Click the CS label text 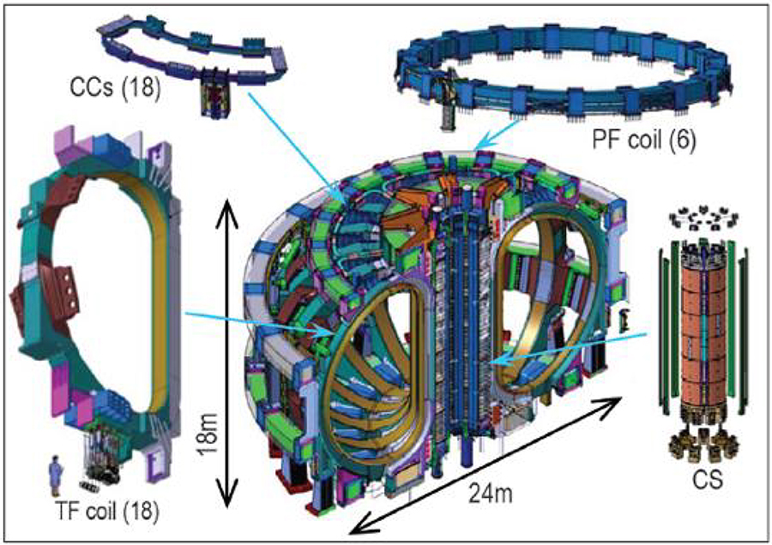(705, 482)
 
